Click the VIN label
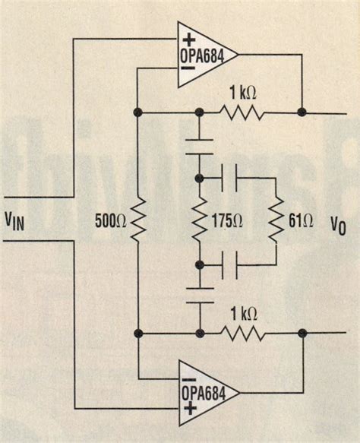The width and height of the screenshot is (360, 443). tap(19, 221)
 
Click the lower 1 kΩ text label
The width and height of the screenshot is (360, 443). tap(243, 314)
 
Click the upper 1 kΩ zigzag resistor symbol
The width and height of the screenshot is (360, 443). tap(242, 112)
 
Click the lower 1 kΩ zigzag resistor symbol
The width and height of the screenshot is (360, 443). tap(243, 334)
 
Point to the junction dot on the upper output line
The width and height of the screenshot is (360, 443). tap(302, 112)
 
